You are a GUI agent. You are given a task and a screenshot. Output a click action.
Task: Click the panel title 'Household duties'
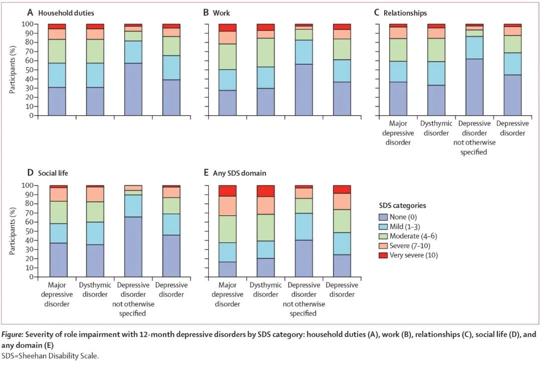point(66,13)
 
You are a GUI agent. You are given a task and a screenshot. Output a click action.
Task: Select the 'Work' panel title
point(221,13)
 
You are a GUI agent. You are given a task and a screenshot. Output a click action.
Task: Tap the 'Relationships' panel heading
point(405,13)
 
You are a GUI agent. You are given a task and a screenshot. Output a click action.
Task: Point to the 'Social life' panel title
point(53,173)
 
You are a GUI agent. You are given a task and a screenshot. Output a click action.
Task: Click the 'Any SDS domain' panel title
point(239,173)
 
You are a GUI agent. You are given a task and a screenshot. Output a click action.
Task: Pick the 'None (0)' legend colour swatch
point(383,217)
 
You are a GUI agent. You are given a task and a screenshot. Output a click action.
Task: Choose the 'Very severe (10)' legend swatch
point(383,255)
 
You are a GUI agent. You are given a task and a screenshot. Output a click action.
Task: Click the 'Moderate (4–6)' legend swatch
point(383,236)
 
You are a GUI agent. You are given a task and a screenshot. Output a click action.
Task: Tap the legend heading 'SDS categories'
point(402,205)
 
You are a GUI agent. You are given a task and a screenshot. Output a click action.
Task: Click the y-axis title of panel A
point(13,70)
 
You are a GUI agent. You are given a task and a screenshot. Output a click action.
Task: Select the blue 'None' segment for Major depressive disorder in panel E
point(227,269)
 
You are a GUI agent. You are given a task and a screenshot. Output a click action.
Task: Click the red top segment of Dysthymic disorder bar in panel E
point(265,191)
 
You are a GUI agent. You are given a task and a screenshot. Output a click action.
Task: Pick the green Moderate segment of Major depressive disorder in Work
point(227,57)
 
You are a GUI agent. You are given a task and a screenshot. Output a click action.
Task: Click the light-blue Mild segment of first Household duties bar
point(57,75)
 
